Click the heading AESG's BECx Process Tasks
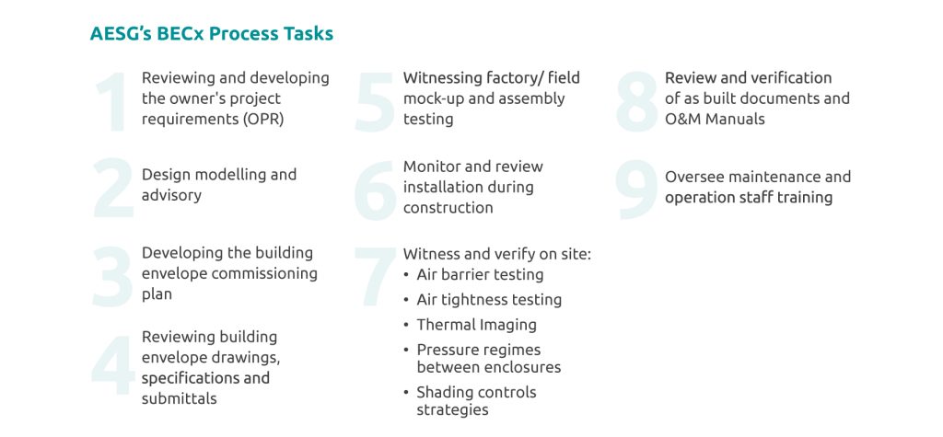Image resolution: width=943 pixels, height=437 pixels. click(x=212, y=34)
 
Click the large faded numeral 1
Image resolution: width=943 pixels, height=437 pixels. click(x=111, y=101)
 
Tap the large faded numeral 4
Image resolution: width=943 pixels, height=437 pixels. click(x=113, y=365)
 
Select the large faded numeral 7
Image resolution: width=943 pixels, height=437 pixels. click(x=376, y=276)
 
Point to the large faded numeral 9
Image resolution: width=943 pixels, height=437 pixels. click(x=637, y=190)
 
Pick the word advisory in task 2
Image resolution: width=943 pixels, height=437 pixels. click(x=171, y=196)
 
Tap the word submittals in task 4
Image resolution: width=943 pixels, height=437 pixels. click(x=180, y=398)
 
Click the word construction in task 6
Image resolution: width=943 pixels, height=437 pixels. click(x=448, y=208)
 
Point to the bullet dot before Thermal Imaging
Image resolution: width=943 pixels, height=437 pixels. click(x=406, y=325)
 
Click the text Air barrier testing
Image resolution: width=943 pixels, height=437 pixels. click(x=480, y=275)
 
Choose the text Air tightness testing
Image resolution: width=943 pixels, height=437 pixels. click(x=489, y=300)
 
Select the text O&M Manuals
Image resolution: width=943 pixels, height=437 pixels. click(x=715, y=119)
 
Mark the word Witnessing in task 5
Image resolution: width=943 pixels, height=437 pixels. click(x=442, y=78)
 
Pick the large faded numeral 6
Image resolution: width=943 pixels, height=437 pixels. click(x=376, y=190)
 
